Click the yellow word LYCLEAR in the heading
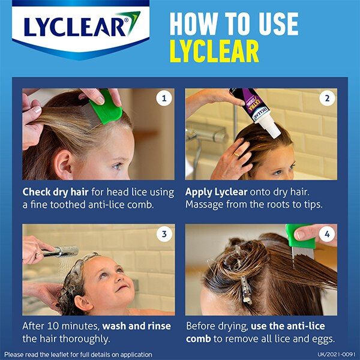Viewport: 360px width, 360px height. (x=214, y=52)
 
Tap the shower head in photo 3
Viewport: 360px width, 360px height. (x=63, y=251)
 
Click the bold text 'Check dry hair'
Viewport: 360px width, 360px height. (x=56, y=193)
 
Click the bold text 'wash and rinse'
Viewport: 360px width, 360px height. (x=136, y=326)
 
